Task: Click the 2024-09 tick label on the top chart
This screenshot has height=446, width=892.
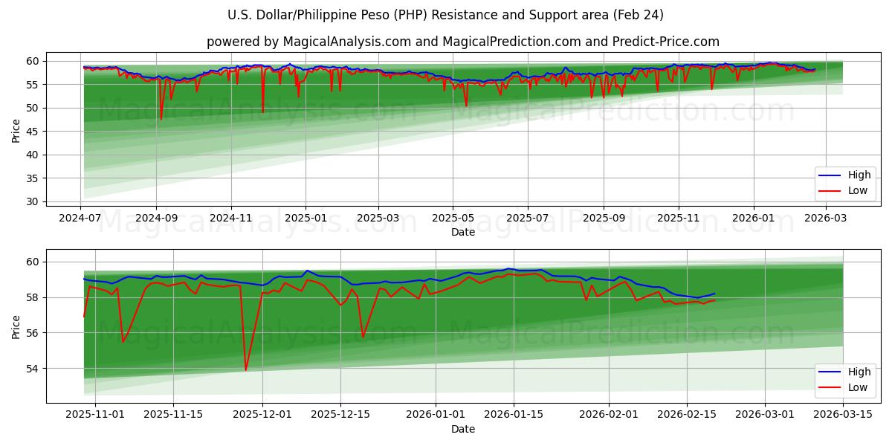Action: tap(156, 219)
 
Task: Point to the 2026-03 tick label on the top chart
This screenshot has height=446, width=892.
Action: tap(825, 219)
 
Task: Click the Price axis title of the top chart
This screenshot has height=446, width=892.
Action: tap(16, 131)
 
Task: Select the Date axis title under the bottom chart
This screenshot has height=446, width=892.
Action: tap(462, 429)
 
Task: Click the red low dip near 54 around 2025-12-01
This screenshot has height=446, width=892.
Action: tap(245, 369)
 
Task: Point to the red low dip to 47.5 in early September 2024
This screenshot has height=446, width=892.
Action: tap(161, 119)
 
